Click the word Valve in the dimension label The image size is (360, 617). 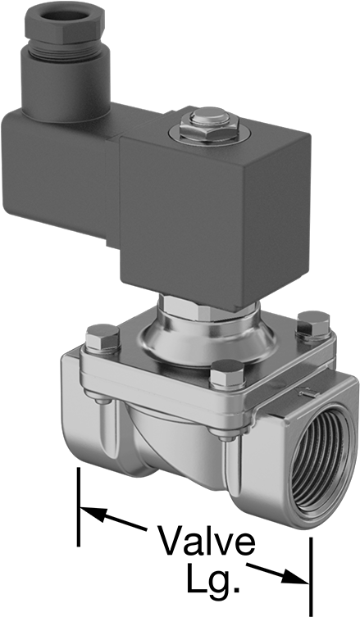pyautogui.click(x=206, y=541)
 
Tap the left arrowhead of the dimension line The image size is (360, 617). pyautogui.click(x=93, y=514)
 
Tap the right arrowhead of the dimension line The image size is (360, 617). pyautogui.click(x=294, y=576)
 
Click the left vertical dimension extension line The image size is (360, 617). pyautogui.click(x=79, y=507)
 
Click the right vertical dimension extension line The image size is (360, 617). pyautogui.click(x=311, y=577)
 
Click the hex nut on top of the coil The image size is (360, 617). pyautogui.click(x=209, y=128)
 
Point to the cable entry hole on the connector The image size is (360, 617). pyautogui.click(x=64, y=16)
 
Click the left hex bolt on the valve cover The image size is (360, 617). pyautogui.click(x=103, y=338)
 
